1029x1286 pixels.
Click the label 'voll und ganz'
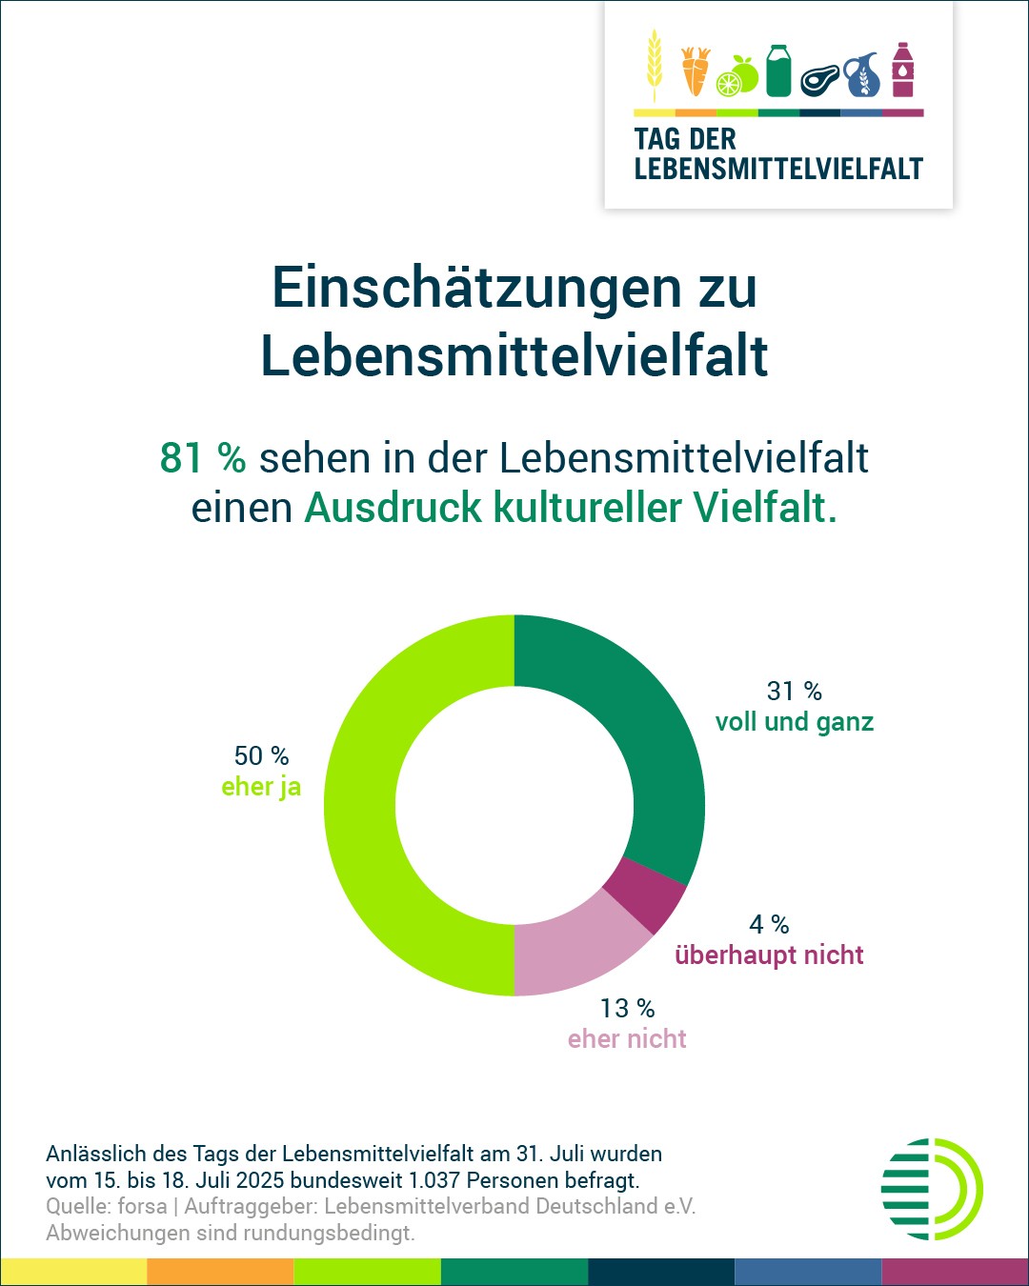[795, 722]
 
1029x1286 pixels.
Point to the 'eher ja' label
[261, 787]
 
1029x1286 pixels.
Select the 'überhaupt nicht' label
[769, 955]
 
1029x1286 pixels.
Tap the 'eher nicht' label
[627, 1039]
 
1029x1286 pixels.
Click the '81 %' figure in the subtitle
[203, 458]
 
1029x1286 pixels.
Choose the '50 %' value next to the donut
[261, 756]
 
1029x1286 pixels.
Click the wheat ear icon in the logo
[654, 65]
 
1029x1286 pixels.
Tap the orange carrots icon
[696, 71]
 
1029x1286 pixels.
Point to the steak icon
[819, 80]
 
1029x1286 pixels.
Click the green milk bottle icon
[778, 70]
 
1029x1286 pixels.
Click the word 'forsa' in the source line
[142, 1207]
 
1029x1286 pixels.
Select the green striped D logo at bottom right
[931, 1189]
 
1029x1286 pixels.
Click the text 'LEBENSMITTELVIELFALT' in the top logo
[778, 170]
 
